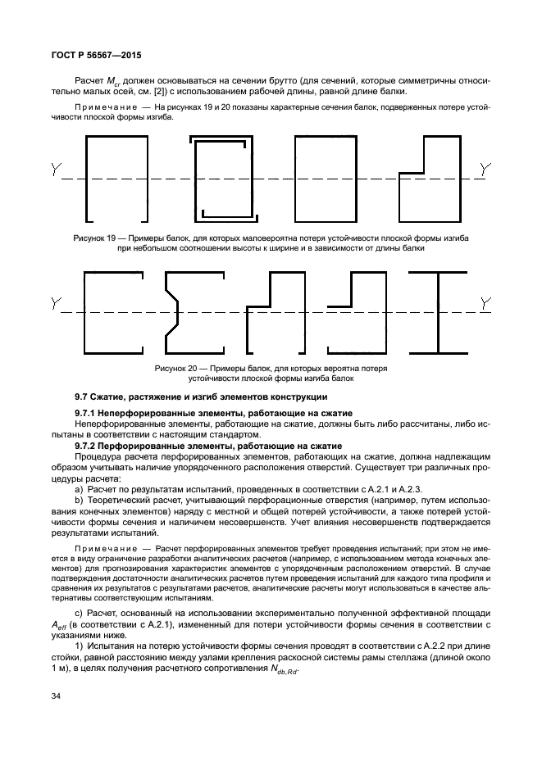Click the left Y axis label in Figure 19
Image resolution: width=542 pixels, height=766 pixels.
pos(55,170)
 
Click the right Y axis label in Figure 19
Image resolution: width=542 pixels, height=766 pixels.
pos(486,170)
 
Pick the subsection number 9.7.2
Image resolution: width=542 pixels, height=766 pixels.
pos(88,444)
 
